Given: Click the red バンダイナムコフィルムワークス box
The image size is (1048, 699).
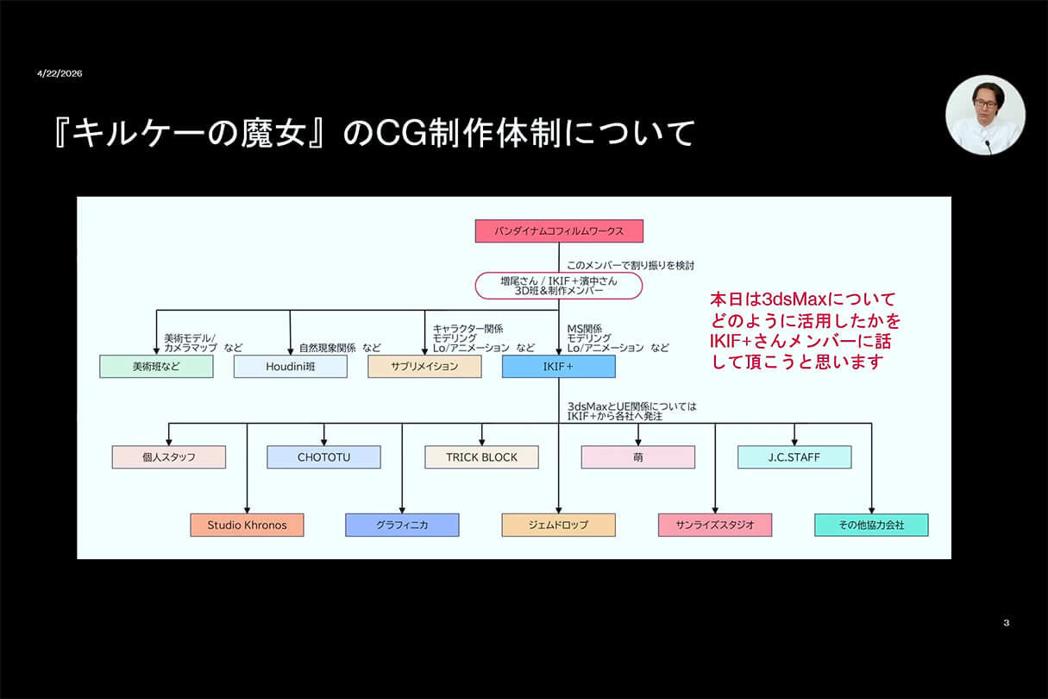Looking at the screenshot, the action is (x=559, y=230).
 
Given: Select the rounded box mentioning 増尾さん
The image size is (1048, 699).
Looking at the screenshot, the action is (x=559, y=286).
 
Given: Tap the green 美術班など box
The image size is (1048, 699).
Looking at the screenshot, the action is (x=156, y=366).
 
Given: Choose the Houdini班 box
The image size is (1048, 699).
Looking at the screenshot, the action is (x=291, y=366).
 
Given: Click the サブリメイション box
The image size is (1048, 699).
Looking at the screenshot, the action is (x=425, y=366).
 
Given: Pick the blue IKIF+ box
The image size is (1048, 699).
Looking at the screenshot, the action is (x=559, y=366).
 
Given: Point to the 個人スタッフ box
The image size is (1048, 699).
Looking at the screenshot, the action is (x=169, y=457).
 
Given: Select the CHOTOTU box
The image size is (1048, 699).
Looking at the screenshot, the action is (x=323, y=457).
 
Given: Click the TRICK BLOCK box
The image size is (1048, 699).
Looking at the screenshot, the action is (x=482, y=457).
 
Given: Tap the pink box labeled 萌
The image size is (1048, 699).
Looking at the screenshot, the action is (x=638, y=457).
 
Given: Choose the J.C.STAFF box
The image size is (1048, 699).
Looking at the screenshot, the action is (x=794, y=457).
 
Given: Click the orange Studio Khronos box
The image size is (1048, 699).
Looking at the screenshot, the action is (x=247, y=525).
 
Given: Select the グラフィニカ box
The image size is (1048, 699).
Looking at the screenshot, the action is (x=402, y=525).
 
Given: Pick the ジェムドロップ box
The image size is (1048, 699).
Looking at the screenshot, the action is (x=559, y=525).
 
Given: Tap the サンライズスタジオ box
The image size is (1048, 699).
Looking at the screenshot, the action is (x=715, y=525).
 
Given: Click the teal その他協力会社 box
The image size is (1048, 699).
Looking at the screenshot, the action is (x=872, y=525).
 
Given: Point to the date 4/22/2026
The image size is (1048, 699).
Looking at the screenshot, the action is (x=60, y=73).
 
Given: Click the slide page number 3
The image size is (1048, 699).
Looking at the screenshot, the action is (x=1007, y=623).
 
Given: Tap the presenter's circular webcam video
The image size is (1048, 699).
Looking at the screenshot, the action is (x=985, y=115).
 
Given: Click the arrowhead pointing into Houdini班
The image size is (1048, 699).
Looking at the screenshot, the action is (x=291, y=351).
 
